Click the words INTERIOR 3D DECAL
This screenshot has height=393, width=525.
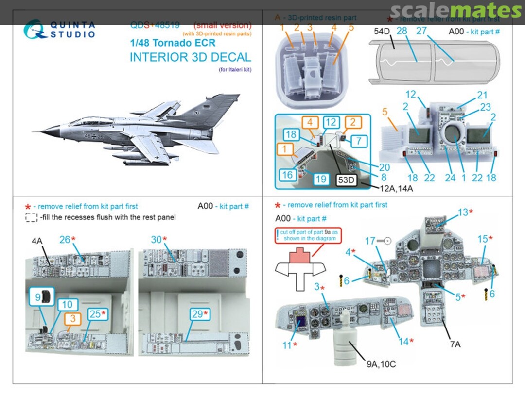tap(190, 57)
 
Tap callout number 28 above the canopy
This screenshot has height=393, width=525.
tap(402, 30)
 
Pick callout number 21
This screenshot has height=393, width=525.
tap(482, 96)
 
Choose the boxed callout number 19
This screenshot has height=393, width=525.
tap(320, 179)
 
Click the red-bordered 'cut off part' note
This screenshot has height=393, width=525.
tap(307, 235)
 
